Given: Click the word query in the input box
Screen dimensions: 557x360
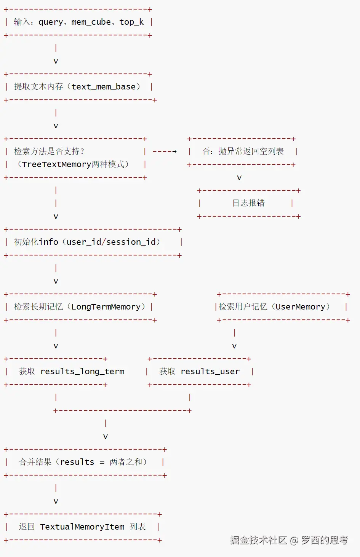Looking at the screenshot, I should pos(51,22).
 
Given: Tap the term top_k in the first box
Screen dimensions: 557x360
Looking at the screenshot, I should pos(131,22).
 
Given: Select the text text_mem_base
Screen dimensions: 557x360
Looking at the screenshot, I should pos(103,87).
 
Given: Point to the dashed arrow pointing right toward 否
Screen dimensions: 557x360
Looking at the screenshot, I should pos(165,152).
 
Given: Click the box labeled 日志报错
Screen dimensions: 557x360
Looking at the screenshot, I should pos(248,203).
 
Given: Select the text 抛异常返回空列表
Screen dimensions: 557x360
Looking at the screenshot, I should pos(251,152).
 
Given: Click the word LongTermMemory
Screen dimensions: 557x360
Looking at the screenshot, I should pos(106,307).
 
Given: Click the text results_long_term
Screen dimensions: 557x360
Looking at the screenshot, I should pos(82,372).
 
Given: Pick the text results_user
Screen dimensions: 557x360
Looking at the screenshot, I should pos(210,372).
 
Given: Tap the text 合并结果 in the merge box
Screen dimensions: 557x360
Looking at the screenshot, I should pos(35,462).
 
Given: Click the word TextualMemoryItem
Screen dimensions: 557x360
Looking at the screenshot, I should pos(82,527).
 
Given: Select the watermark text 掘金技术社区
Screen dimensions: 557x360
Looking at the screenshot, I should pos(258,540).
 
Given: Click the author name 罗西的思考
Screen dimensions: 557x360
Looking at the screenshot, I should pos(325,540).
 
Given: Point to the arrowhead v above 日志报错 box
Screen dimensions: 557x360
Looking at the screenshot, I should pos(239,178).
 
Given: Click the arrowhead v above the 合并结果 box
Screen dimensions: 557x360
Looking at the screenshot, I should pos(106,437).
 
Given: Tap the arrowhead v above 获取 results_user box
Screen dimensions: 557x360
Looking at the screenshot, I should pos(234,346).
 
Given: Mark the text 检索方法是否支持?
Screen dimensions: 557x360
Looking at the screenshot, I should pos(49,152).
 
